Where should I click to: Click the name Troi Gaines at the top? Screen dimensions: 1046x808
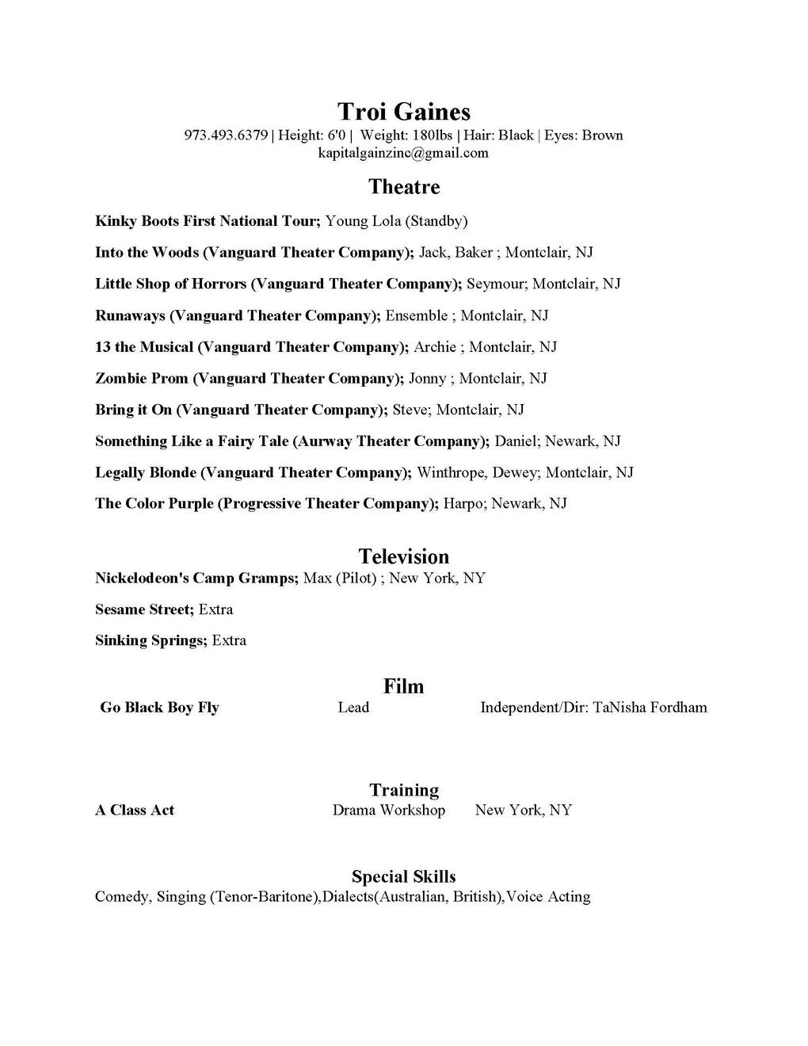pyautogui.click(x=403, y=112)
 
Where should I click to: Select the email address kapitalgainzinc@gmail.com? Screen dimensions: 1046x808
pyautogui.click(x=403, y=153)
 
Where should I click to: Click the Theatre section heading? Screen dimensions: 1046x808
pyautogui.click(x=403, y=187)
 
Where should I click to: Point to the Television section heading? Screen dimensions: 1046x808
pyautogui.click(x=403, y=556)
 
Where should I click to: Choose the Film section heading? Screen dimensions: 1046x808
pyautogui.click(x=403, y=686)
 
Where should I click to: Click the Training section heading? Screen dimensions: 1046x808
pyautogui.click(x=403, y=790)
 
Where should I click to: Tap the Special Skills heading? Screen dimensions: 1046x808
pyautogui.click(x=403, y=876)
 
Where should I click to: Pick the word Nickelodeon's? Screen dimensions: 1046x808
pyautogui.click(x=142, y=578)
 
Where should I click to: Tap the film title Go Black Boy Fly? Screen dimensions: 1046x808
pyautogui.click(x=159, y=708)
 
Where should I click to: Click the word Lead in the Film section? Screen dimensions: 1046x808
pyautogui.click(x=353, y=708)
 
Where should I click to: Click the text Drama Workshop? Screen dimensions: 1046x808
pyautogui.click(x=388, y=810)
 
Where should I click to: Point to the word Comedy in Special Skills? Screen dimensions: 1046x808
pyautogui.click(x=121, y=897)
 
